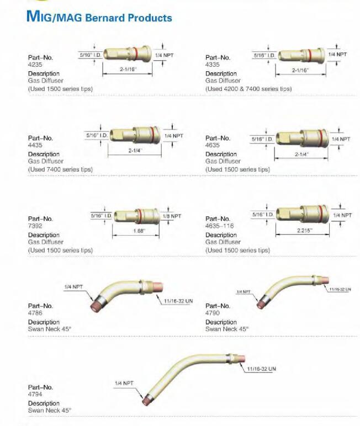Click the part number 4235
coord(35,65)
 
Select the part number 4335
coord(213,65)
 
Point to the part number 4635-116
coord(219,226)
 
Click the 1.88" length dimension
coord(139,231)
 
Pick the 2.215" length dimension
coord(304,231)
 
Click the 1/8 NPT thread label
coord(172,216)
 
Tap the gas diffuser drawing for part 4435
coord(135,135)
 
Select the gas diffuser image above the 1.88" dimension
coord(136,216)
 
